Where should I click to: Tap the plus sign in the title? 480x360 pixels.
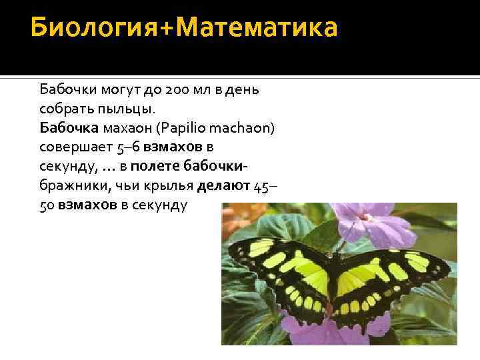pyautogui.click(x=164, y=29)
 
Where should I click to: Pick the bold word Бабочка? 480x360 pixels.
pyautogui.click(x=65, y=127)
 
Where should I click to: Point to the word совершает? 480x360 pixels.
pyautogui.click(x=73, y=146)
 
